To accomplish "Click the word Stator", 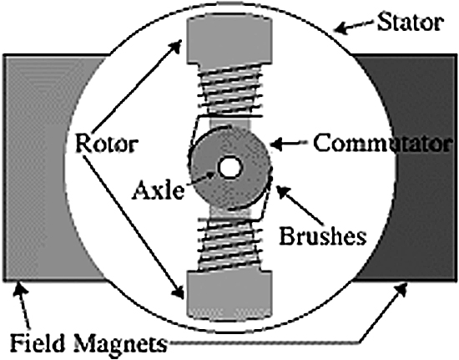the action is [x=411, y=23].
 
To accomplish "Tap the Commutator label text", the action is [x=381, y=143].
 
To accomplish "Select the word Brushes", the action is [x=323, y=236].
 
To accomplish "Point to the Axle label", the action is [x=159, y=190].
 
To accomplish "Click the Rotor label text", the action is [x=107, y=144].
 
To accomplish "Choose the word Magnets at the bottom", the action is [x=121, y=343].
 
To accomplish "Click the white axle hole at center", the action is [x=230, y=168].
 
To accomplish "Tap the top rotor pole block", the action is [x=229, y=39].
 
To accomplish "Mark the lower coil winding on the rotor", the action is [x=229, y=244].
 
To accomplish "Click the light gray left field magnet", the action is [x=44, y=168].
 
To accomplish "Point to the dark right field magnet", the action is [x=419, y=168].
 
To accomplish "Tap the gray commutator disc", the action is [x=229, y=168].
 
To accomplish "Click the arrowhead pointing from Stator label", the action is [x=341, y=28].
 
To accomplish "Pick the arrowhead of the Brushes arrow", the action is [x=282, y=192].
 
